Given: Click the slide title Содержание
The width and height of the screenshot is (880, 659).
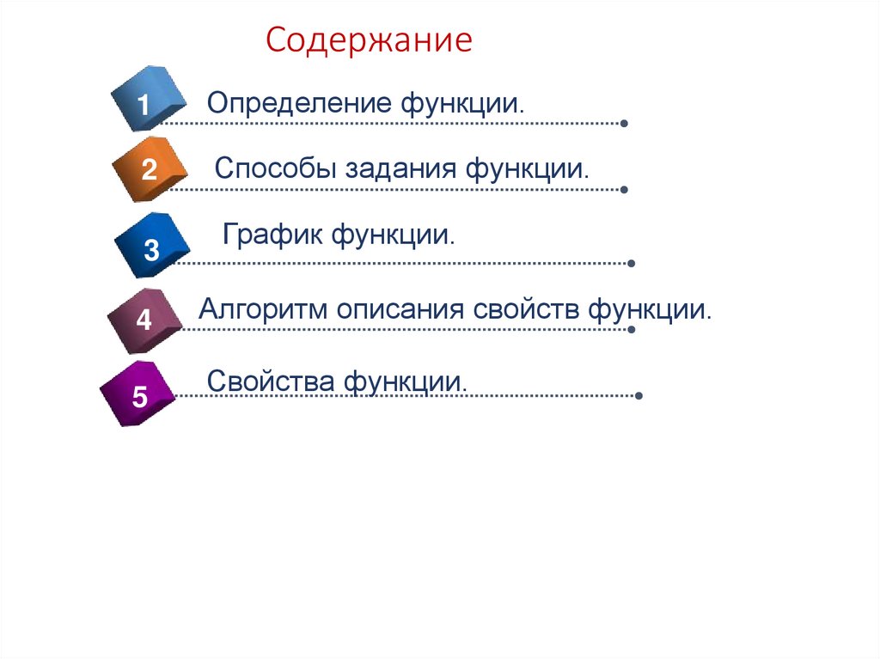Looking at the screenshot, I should tap(369, 40).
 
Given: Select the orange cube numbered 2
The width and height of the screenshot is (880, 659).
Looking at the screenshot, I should tap(150, 169).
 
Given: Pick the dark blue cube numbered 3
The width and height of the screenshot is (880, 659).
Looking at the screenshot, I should tap(151, 247).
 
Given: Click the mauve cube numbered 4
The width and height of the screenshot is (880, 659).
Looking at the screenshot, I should tap(144, 320).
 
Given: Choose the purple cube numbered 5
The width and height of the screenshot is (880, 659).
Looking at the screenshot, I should tap(137, 395).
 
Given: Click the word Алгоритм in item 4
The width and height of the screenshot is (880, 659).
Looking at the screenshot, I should tap(263, 308).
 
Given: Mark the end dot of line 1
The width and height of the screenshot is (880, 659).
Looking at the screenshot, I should tap(624, 124).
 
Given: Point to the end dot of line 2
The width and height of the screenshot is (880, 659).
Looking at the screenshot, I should tap(624, 189).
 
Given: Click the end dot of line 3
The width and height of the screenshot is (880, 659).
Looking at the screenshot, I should tap(632, 263).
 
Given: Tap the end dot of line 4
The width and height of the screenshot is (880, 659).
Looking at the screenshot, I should tap(632, 328).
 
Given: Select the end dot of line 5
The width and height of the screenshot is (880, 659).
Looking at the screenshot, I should tap(639, 396).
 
